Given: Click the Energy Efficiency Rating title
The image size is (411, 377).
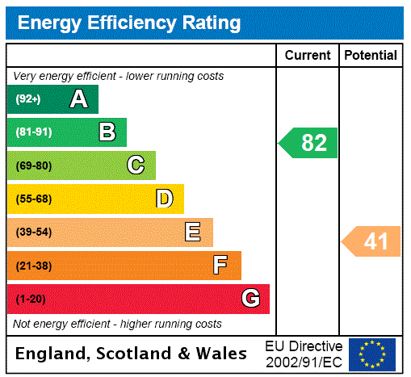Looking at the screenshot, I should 129,23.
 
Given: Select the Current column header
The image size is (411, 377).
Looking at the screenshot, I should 308,55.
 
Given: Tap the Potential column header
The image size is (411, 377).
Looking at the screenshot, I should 371,55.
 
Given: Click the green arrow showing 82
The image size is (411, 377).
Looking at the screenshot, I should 309,143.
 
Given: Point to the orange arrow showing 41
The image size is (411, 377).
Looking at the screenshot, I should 372,241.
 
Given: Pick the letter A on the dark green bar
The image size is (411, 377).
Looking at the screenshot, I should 78,99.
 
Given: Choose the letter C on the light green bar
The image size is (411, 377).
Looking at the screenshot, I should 136,165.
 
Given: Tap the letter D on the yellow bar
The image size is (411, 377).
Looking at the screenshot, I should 164,199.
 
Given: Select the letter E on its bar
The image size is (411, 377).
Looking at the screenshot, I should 193,232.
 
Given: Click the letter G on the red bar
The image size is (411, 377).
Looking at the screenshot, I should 250,299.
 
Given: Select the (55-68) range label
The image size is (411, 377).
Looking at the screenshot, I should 33,199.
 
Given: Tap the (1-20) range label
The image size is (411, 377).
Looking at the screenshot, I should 31,299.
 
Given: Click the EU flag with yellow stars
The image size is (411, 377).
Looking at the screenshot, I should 372,354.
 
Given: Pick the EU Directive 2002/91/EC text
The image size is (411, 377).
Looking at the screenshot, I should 304,354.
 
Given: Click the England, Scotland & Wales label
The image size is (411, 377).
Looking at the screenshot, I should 132,354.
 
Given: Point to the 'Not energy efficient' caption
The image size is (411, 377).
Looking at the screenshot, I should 117,324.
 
